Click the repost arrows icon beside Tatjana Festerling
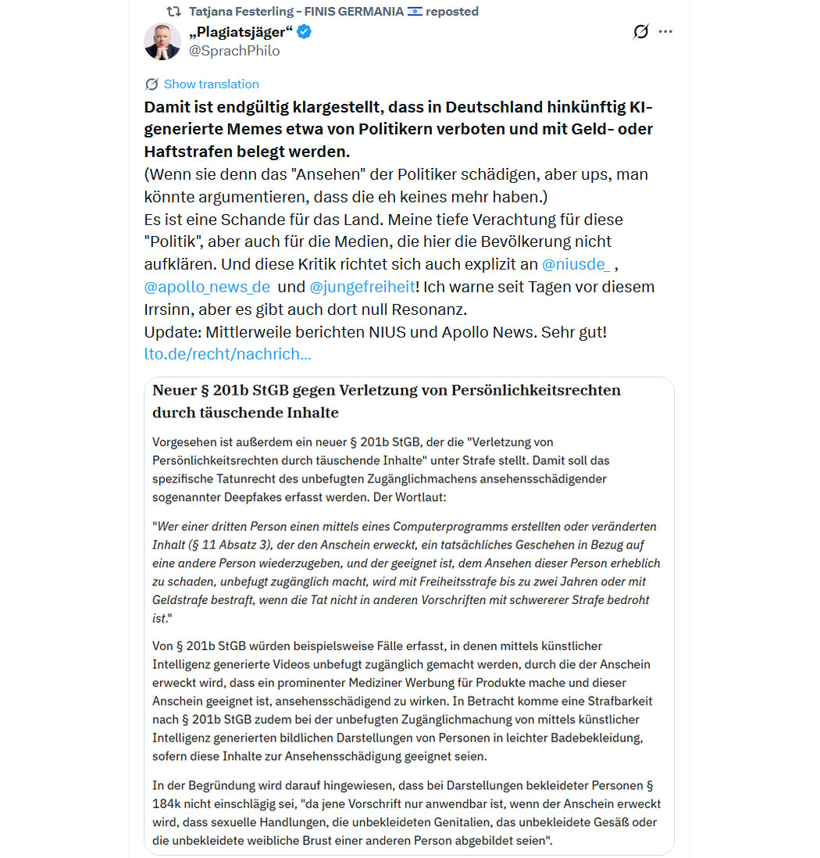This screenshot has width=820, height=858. (173, 12)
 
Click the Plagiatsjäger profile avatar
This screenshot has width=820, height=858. (162, 41)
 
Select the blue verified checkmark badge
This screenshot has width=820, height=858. (305, 32)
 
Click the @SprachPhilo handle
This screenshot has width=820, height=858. (234, 51)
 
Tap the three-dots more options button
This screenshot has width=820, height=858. (665, 32)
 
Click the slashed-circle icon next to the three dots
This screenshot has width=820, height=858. (640, 32)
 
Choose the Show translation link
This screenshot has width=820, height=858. (211, 84)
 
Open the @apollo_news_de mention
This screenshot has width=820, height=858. (207, 287)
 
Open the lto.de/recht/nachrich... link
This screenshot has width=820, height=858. (227, 354)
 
